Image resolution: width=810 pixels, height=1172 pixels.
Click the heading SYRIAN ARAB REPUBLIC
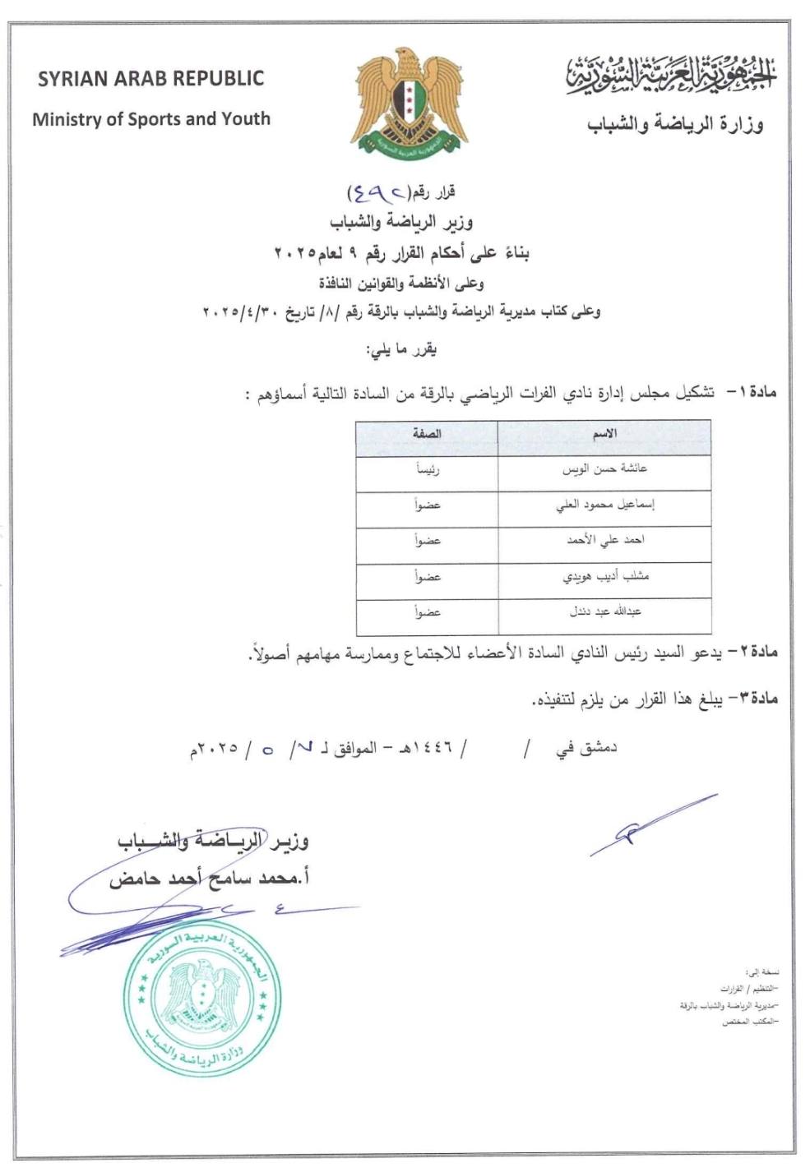click(x=150, y=79)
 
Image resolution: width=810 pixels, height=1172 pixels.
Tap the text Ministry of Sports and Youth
click(x=151, y=119)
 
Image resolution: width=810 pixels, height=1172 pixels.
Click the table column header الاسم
click(x=604, y=434)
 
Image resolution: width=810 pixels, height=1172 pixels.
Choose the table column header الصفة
click(x=428, y=434)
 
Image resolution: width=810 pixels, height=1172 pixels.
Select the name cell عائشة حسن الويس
click(x=604, y=469)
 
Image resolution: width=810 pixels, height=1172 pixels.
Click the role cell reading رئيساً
click(x=428, y=470)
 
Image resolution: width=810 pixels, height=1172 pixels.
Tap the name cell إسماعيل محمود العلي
click(x=604, y=505)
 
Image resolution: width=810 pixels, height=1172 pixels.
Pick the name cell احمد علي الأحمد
click(x=604, y=541)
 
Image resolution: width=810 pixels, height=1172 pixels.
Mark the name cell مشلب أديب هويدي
click(x=604, y=577)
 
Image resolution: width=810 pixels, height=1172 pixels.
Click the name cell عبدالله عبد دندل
click(x=604, y=612)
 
